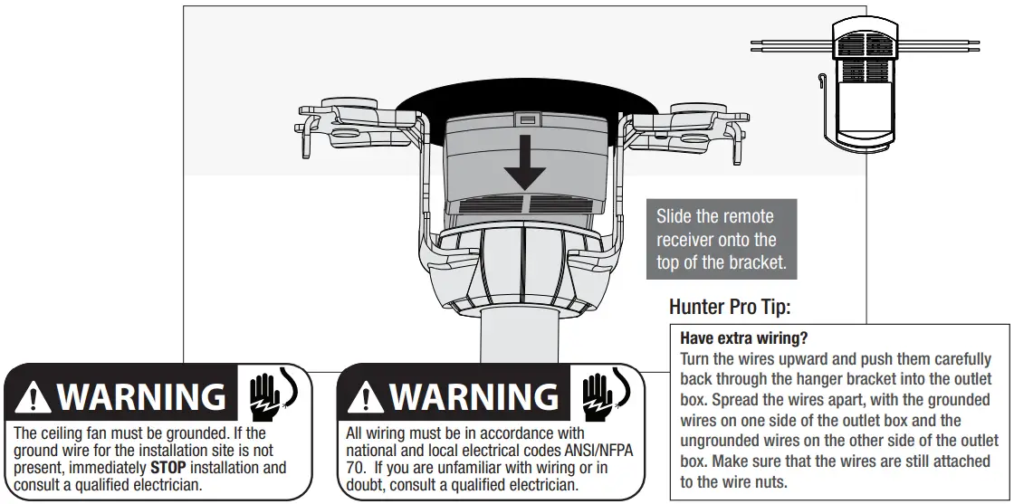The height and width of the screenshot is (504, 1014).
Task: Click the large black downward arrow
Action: (x=525, y=166)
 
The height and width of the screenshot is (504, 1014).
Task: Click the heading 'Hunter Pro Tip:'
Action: (x=730, y=308)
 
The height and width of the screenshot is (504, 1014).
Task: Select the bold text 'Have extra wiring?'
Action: (x=743, y=339)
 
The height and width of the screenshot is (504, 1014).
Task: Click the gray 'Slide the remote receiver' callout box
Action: (x=721, y=240)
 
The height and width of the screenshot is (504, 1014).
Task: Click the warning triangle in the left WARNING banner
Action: (x=33, y=397)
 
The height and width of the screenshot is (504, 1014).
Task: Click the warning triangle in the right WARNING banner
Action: (x=366, y=397)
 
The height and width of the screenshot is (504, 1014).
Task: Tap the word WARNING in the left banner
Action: (x=140, y=397)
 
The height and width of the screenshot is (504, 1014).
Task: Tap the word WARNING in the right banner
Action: (x=474, y=397)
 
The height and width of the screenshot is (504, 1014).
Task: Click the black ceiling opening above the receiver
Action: (x=525, y=101)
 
